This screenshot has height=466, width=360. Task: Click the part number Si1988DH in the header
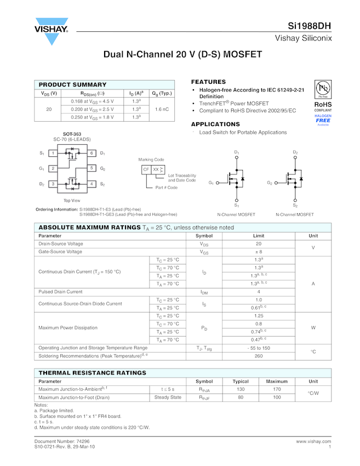pyautogui.click(x=310, y=26)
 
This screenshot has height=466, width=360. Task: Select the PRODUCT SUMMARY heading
pyautogui.click(x=72, y=84)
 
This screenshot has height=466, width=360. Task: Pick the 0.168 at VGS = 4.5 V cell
pyautogui.click(x=93, y=101)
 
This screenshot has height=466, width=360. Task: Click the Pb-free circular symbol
pyautogui.click(x=323, y=89)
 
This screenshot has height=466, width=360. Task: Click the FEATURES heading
pyautogui.click(x=208, y=82)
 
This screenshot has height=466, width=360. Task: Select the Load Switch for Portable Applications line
pyautogui.click(x=243, y=132)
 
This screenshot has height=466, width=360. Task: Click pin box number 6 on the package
pyautogui.click(x=92, y=153)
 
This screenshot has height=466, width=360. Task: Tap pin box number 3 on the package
pyautogui.click(x=53, y=184)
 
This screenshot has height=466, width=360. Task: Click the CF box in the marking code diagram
pyautogui.click(x=146, y=169)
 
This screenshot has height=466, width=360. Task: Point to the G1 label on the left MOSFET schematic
pyautogui.click(x=211, y=182)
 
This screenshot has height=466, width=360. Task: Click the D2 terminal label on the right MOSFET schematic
pyautogui.click(x=295, y=152)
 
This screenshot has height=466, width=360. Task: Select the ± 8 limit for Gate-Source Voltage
pyautogui.click(x=259, y=252)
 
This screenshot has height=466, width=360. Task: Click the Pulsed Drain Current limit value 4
pyautogui.click(x=259, y=292)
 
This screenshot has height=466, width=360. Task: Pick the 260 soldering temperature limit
pyautogui.click(x=259, y=356)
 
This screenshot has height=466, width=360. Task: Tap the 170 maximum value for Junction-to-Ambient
pyautogui.click(x=277, y=389)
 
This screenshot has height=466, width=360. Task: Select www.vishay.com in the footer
pyautogui.click(x=313, y=441)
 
